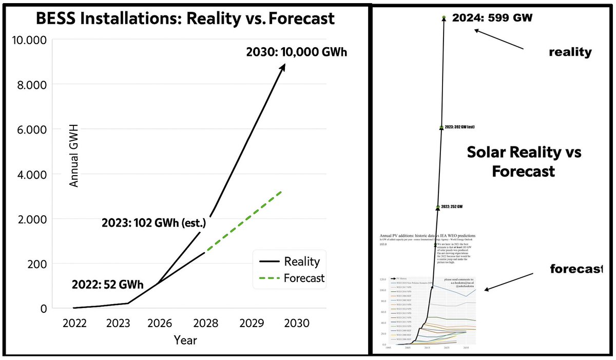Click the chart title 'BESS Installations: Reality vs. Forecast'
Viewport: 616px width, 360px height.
point(185,19)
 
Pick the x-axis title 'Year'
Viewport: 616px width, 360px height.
point(185,340)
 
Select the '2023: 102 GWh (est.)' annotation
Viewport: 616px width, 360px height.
point(153,224)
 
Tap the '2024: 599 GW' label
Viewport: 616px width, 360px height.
point(492,18)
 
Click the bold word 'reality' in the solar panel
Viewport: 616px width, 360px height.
point(570,52)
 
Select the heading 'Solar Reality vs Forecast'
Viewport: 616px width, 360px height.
point(524,162)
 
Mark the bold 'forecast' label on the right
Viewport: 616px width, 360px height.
point(576,269)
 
